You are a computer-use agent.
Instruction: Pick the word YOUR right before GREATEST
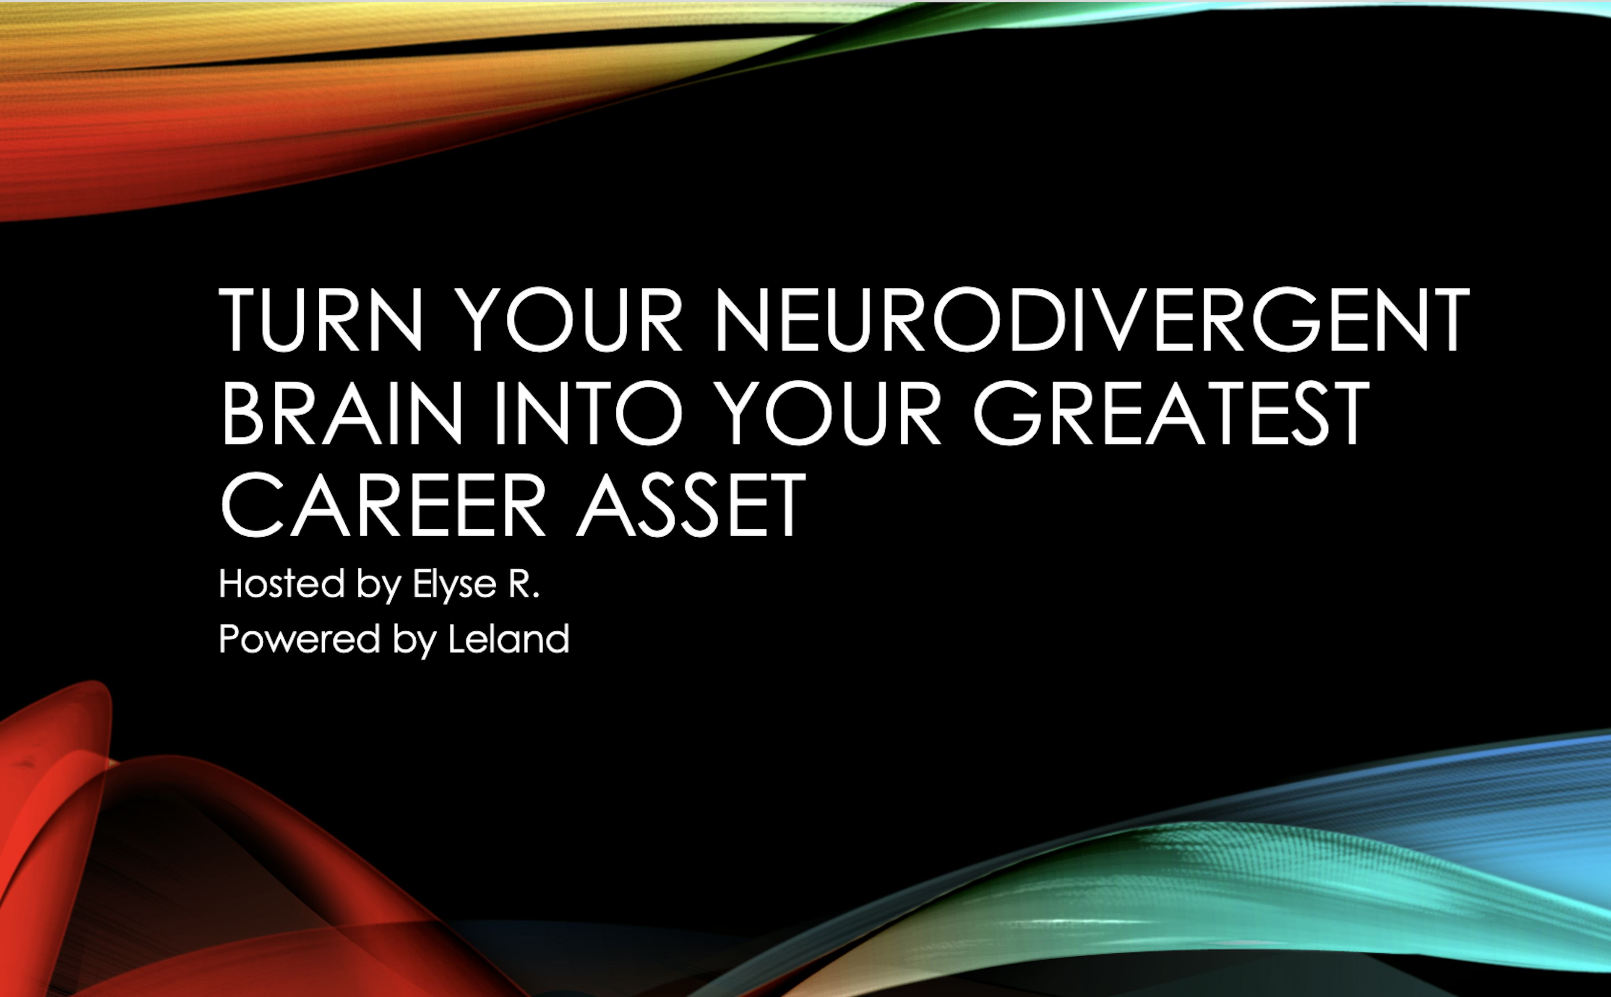828,413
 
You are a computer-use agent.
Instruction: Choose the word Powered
300,639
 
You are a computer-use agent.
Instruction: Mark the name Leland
508,639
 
